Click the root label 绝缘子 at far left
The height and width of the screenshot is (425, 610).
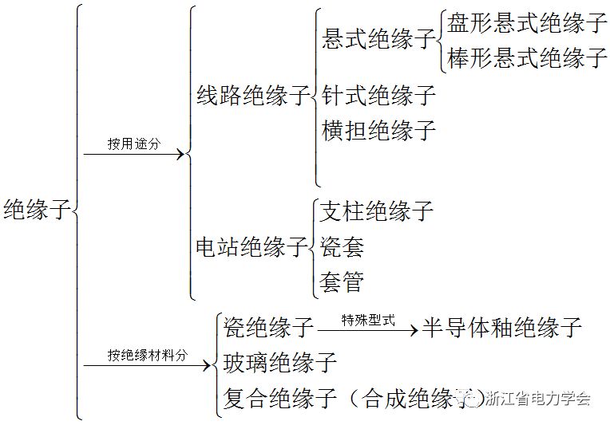click(37, 211)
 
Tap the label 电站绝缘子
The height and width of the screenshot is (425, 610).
click(252, 247)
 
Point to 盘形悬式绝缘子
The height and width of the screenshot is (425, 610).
click(527, 23)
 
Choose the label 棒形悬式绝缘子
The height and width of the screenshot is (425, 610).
click(527, 58)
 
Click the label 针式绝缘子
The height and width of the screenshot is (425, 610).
click(379, 96)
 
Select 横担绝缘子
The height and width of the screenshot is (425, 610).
click(379, 130)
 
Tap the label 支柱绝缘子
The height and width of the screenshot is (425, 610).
click(376, 211)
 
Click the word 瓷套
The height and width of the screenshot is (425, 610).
click(342, 247)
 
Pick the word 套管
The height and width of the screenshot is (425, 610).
click(342, 281)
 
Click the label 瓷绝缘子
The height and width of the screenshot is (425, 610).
click(269, 327)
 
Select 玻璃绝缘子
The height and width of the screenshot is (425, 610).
click(280, 363)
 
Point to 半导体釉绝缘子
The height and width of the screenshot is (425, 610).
click(502, 327)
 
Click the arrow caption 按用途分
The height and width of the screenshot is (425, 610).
click(134, 144)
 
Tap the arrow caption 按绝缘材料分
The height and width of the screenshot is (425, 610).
click(148, 356)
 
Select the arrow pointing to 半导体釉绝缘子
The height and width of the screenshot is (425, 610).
click(368, 329)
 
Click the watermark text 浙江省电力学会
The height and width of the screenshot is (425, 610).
click(537, 399)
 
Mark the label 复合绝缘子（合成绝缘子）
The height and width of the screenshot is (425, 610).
click(351, 398)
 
